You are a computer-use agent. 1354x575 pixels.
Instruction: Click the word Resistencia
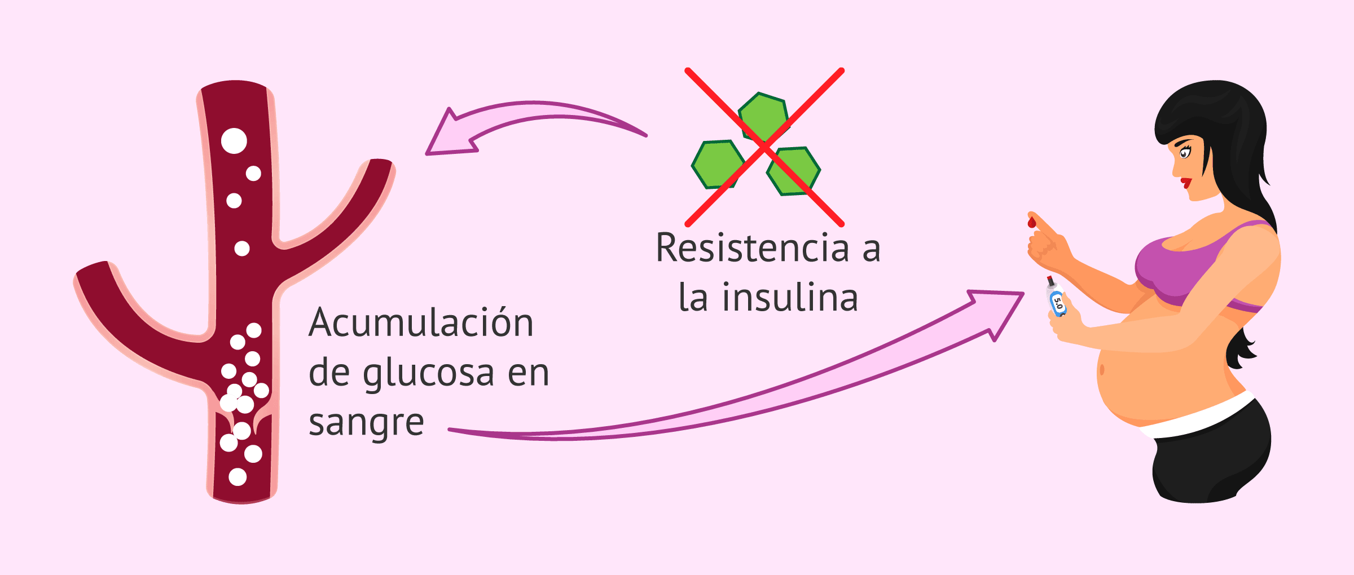point(753,248)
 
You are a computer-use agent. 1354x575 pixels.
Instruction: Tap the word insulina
point(790,298)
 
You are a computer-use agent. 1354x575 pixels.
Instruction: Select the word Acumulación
point(421,323)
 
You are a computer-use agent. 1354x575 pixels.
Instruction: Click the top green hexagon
point(763,116)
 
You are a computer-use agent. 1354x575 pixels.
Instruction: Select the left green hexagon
point(718,164)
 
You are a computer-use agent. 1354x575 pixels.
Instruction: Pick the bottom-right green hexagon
point(794,171)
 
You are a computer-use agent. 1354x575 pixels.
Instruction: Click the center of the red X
point(764,147)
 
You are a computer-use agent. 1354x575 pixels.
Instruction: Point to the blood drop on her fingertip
point(1032,222)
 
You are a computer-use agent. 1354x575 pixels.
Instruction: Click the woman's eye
point(1184,153)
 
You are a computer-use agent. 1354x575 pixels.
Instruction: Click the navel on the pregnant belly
point(1102,370)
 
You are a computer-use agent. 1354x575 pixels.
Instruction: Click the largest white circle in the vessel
point(234,141)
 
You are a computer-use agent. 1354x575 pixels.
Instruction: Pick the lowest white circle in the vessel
point(238,477)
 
